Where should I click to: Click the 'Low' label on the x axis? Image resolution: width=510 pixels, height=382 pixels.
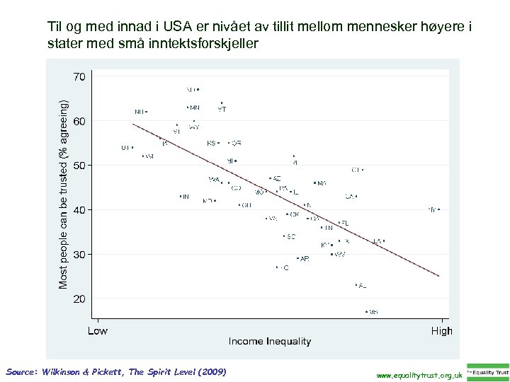point(97,330)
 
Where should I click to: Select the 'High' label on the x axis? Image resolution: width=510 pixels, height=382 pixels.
point(441,330)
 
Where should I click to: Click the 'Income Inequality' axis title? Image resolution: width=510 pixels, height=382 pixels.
point(269,342)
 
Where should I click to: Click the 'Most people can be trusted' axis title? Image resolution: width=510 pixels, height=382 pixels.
point(64,194)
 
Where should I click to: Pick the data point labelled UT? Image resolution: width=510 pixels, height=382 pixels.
point(132,148)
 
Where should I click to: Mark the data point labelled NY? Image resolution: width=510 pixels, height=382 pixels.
point(439,209)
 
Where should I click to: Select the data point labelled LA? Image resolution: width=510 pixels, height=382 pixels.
point(384,241)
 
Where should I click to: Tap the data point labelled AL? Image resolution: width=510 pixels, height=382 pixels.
point(356,285)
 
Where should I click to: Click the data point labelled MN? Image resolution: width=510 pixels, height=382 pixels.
point(187,108)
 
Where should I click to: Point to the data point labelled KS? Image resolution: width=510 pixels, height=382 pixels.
point(219,143)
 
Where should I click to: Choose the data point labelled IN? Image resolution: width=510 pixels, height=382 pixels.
point(181,196)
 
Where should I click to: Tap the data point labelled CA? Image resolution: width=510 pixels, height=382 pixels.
point(356,196)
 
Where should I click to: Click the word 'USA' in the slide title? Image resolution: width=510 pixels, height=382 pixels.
point(176,28)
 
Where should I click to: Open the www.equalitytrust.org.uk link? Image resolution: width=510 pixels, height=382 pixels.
point(419,374)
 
